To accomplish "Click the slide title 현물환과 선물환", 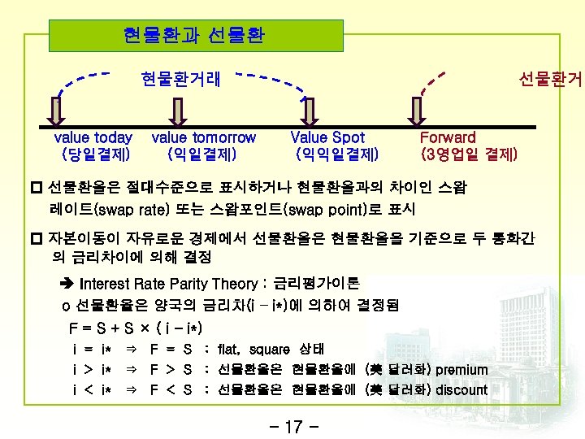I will pos(193,37).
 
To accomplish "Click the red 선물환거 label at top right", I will pos(551,79).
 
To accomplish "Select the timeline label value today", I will pos(93,137).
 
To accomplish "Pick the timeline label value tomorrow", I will pos(203,137).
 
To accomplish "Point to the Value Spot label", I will pos(327,137).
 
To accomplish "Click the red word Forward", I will pos(448,137).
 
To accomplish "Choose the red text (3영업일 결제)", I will pos(469,153).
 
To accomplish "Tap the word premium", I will pos(461,370).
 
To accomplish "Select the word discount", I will pos(461,389).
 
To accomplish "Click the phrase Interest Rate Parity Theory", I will pos(171,284).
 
